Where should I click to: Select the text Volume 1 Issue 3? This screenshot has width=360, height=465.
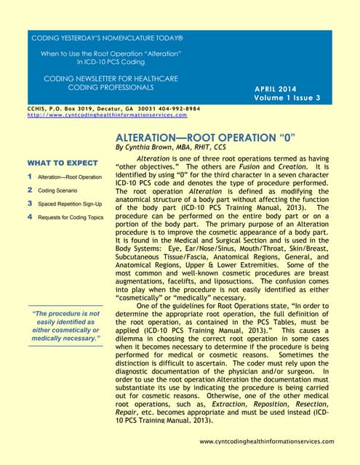click(x=288, y=97)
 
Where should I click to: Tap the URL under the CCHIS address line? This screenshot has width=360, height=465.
click(x=108, y=116)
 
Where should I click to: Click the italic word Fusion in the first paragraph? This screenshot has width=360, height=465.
click(x=265, y=165)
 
